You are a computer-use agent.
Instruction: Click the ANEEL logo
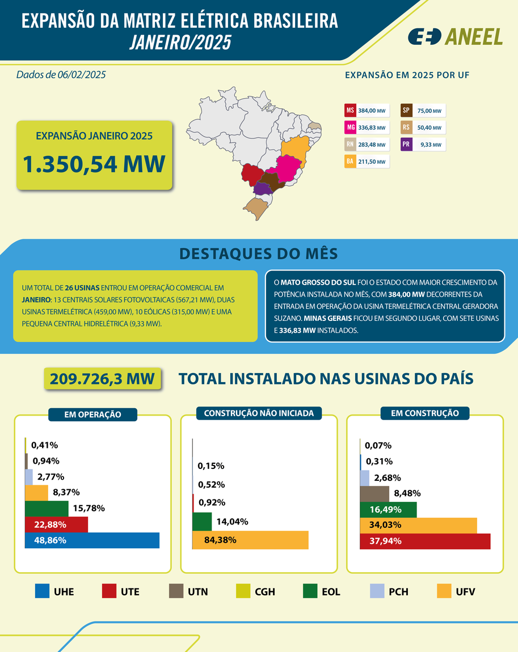455,36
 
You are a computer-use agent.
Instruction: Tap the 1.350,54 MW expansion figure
94,164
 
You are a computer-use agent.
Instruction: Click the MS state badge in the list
350,111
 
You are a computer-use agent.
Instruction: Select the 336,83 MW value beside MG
372,128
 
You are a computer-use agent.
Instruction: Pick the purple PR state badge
406,145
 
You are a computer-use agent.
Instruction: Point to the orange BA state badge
350,162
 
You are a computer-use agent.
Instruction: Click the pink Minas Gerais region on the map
289,168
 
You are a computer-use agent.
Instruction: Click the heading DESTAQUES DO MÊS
259,253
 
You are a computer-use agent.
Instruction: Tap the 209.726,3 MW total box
103,379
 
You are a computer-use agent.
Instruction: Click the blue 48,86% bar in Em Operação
92,540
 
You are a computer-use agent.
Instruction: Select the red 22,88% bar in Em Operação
56,524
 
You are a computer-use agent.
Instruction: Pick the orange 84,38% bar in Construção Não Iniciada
250,540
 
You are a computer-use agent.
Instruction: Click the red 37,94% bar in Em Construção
425,541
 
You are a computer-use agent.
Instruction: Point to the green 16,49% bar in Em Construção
389,509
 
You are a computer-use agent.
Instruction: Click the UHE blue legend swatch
41,591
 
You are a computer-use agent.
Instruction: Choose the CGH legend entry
255,592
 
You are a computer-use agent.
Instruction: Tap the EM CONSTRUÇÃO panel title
424,413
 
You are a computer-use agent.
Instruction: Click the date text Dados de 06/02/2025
61,74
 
